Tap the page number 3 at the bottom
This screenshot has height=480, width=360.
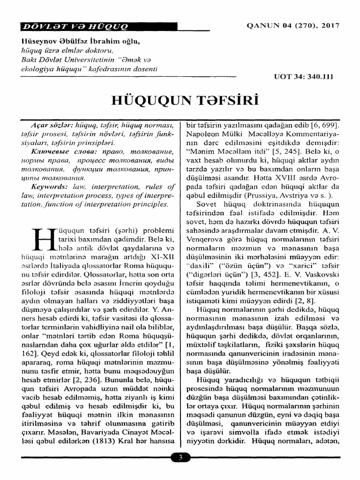tap(180, 457)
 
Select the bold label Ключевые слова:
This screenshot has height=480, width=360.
tap(60, 152)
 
